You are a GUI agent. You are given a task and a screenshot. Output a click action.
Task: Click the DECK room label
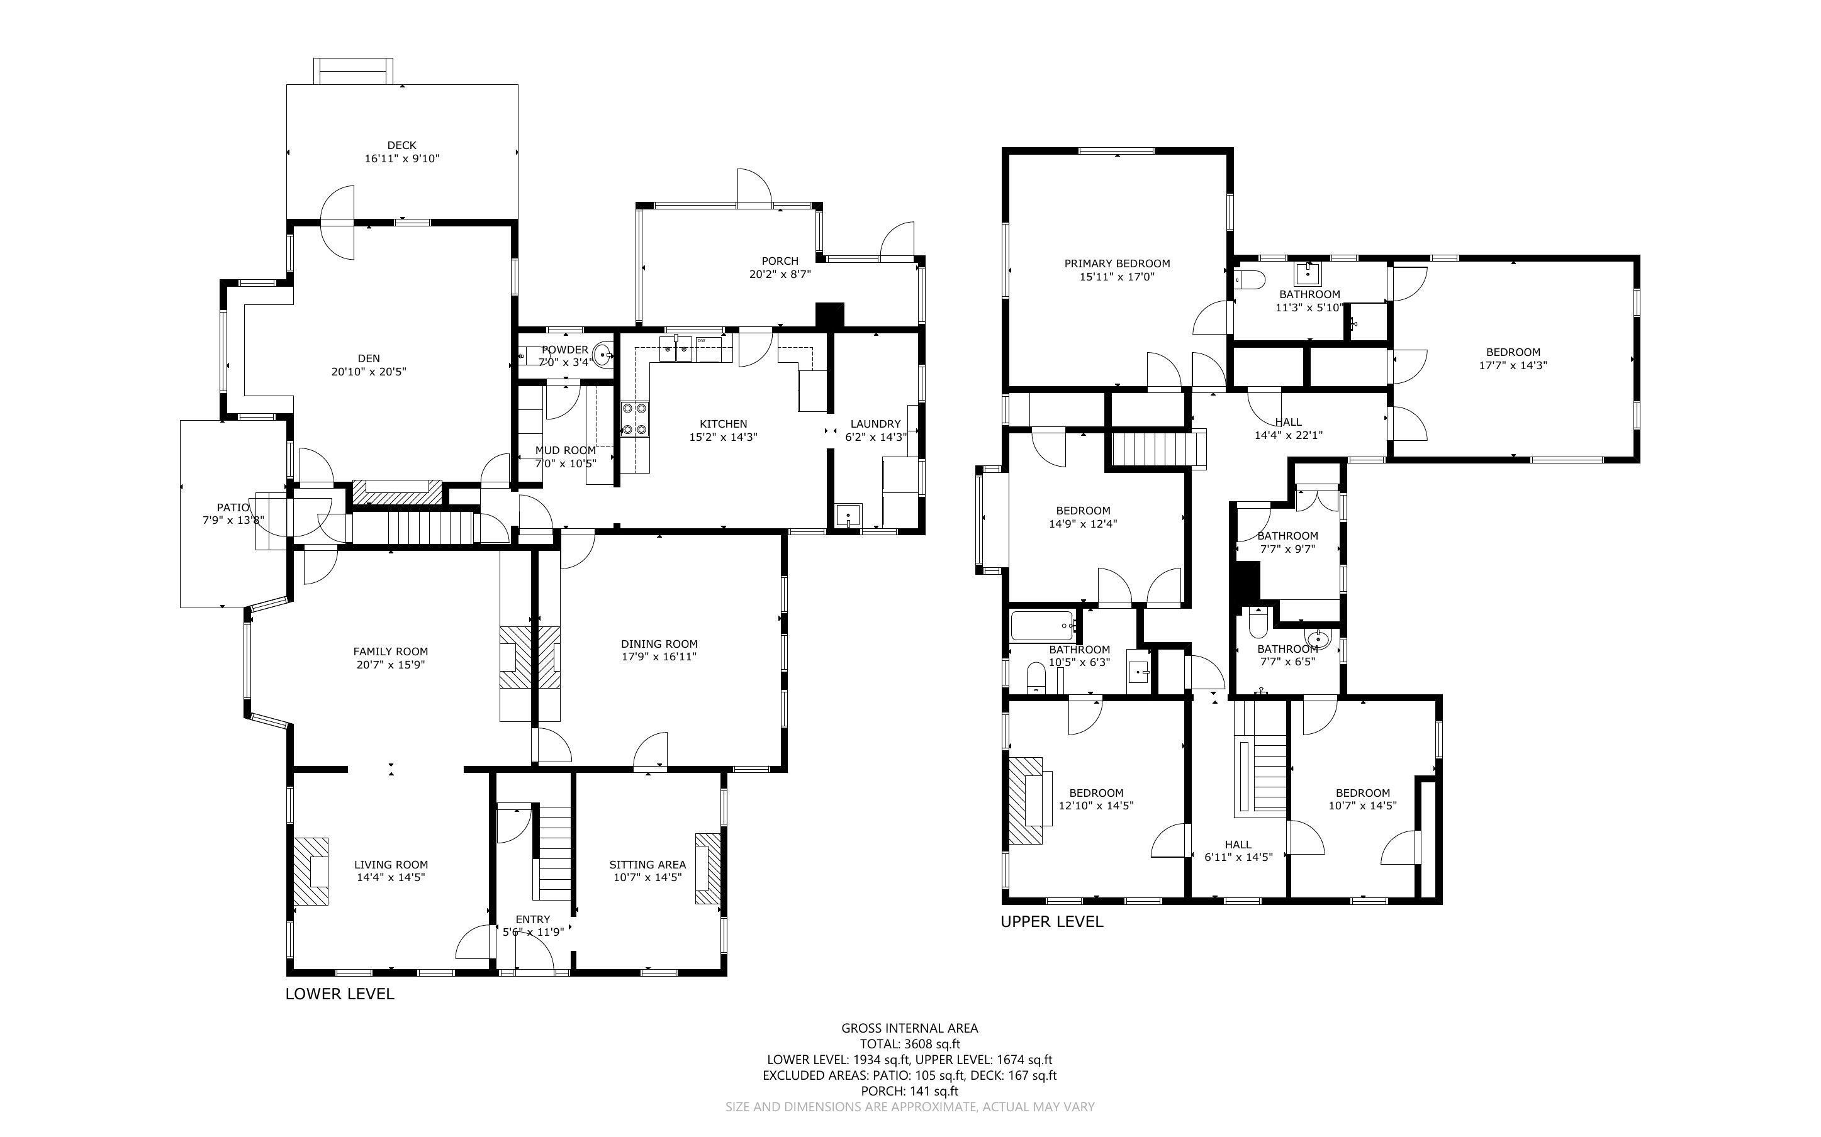[x=401, y=145]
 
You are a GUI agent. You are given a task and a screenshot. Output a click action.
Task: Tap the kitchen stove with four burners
[x=635, y=419]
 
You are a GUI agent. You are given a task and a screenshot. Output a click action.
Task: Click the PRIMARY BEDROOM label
[x=1116, y=263]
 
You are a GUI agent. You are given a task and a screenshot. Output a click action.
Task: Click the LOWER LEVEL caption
[x=339, y=994]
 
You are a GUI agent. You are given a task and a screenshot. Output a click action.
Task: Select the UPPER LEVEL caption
[x=1051, y=921]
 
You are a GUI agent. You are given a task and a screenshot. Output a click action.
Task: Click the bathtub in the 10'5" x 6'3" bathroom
[x=1041, y=624]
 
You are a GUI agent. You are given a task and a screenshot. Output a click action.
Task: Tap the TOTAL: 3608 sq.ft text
[x=909, y=1044]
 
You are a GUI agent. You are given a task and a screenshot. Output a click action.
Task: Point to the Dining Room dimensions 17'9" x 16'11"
[x=659, y=657]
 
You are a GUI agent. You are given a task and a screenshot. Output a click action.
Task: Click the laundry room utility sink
[x=848, y=516]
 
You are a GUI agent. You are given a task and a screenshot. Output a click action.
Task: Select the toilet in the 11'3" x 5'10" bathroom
[x=1248, y=280]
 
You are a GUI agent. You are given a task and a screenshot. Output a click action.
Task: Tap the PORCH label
[x=779, y=261]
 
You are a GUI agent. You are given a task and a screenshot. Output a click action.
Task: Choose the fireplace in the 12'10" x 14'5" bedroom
[x=1026, y=801]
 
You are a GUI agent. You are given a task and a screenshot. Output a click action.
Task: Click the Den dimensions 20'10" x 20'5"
[x=369, y=372]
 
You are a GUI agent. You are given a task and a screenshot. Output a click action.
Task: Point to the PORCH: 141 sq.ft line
[x=909, y=1090]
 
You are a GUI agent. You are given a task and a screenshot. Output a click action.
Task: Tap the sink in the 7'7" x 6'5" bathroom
[x=1317, y=640]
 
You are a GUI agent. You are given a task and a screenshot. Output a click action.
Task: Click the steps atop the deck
[x=353, y=72]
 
